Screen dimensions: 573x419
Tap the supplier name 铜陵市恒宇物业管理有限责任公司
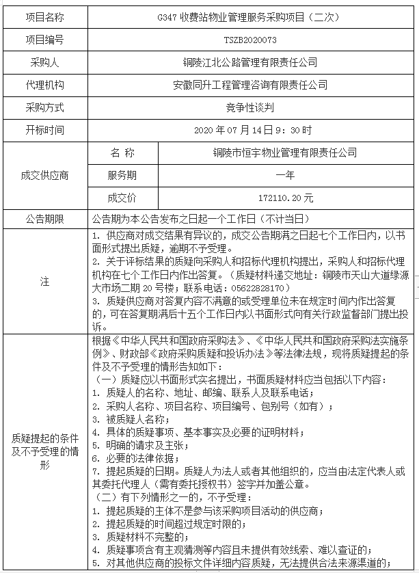point(285,152)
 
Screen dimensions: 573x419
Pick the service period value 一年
point(285,175)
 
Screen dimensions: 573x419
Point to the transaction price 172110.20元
point(285,198)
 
